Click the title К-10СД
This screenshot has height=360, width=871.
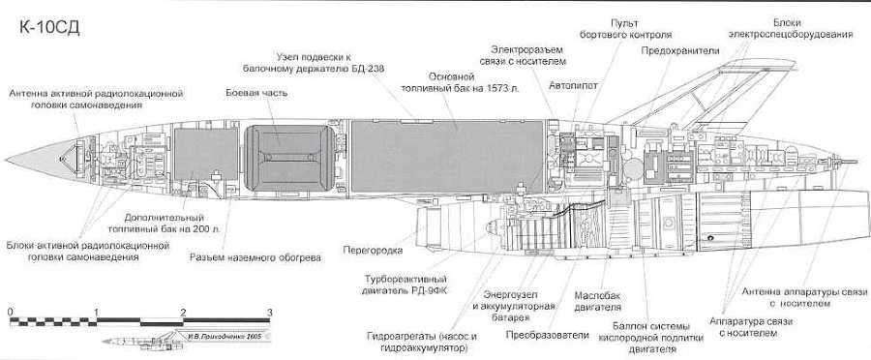coord(48,26)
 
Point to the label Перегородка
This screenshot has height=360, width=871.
coord(372,250)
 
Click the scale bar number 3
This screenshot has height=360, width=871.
coord(270,312)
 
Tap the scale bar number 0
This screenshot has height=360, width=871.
coord(10,312)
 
